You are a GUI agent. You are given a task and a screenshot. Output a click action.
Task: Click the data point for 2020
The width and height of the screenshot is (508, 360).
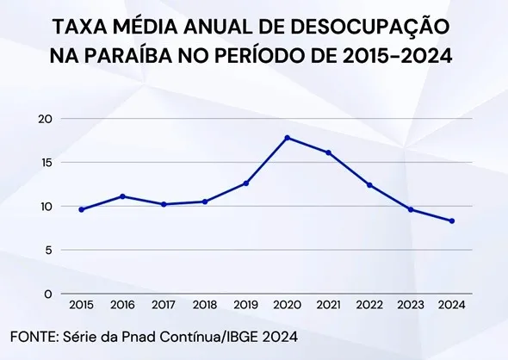(286, 138)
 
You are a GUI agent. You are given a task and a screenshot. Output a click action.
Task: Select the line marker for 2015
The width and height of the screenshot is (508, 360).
(82, 209)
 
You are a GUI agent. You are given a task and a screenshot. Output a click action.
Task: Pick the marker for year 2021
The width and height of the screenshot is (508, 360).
(327, 152)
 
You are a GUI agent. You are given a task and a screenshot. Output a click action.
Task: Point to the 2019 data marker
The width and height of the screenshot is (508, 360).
(245, 183)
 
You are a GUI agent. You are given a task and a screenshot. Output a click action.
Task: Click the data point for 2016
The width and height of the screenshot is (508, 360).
(122, 196)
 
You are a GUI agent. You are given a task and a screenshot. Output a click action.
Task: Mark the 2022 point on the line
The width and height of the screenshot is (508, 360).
(369, 185)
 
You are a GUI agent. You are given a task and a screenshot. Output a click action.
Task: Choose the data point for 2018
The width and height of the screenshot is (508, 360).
(204, 202)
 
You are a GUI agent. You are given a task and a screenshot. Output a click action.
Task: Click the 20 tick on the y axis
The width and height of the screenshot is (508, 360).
(46, 119)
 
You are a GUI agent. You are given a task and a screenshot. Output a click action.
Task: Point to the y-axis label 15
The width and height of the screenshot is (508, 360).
(46, 163)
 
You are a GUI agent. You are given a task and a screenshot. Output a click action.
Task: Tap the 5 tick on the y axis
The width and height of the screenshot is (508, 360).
(49, 251)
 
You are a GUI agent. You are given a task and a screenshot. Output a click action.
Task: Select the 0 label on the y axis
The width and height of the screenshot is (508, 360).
(49, 295)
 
